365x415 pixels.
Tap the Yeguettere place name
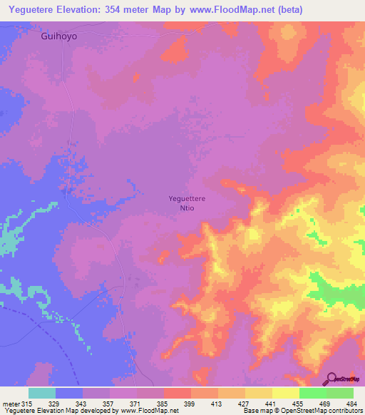coord(187,199)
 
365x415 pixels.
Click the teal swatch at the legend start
coord(42,393)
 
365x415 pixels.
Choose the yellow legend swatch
coord(285,393)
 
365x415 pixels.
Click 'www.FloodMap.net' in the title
coord(222,10)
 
